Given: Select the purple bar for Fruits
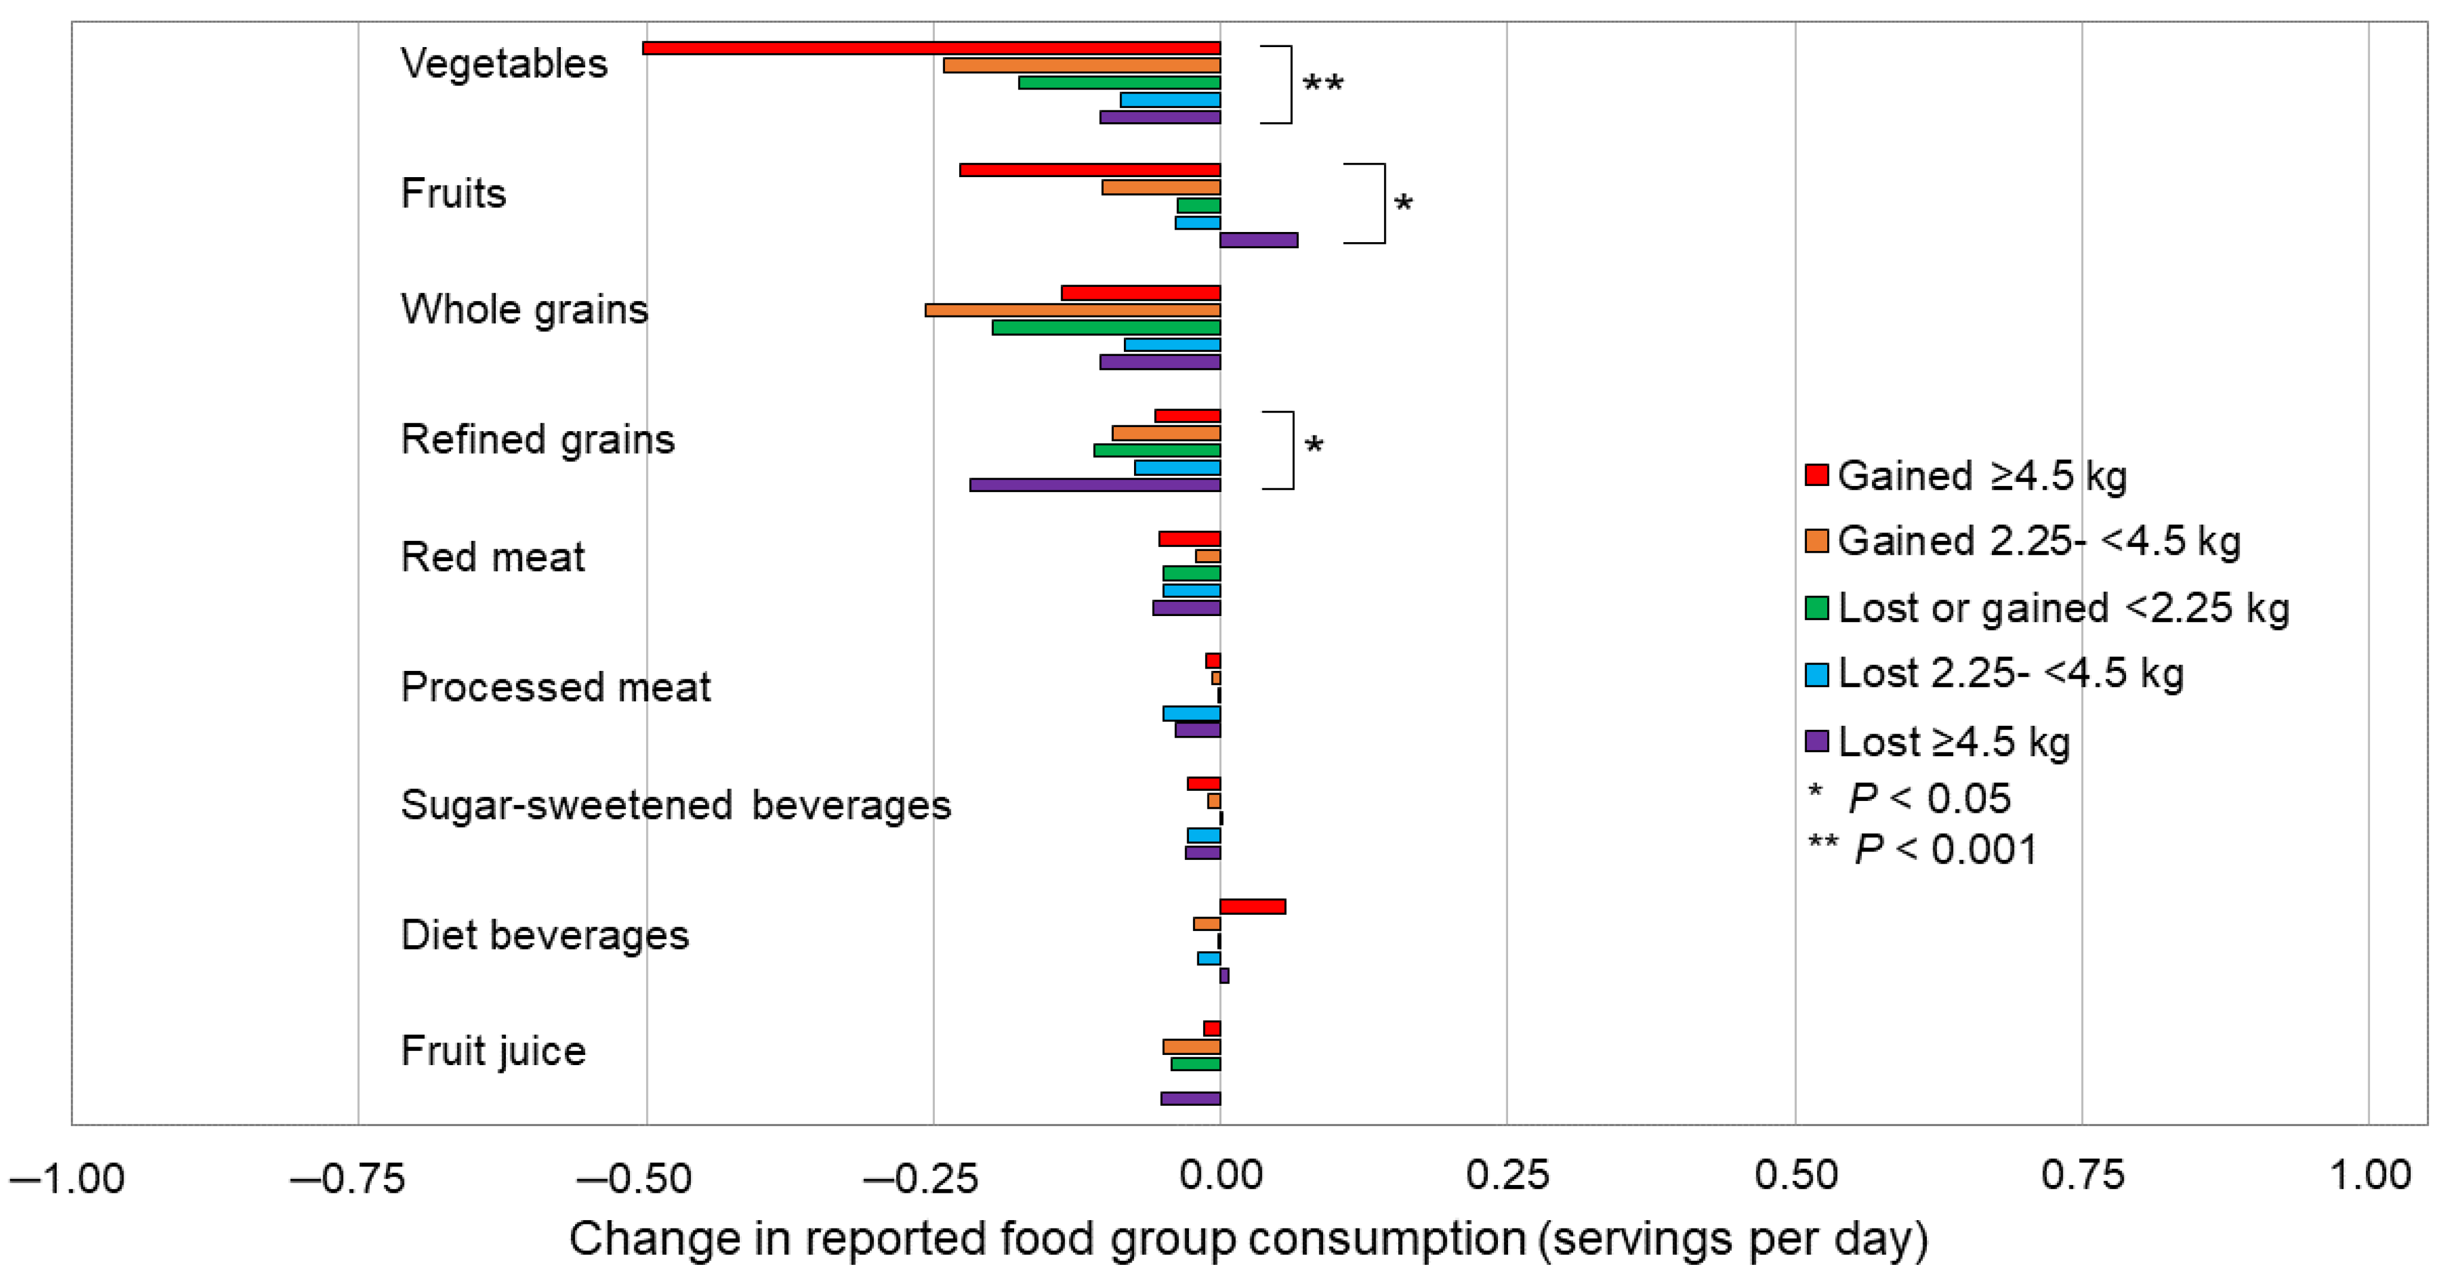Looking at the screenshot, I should pos(1258,240).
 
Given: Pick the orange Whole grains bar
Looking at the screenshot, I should pos(1072,310).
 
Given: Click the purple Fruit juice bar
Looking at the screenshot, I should pos(1190,1099).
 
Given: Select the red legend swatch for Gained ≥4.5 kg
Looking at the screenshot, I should pos(1816,475).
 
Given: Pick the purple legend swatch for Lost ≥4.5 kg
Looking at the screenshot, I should pos(1816,741).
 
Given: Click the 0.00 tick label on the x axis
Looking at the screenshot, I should pos(1221,1177).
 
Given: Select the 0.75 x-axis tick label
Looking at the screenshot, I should pos(2082,1177).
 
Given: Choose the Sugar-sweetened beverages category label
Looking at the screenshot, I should pos(675,806).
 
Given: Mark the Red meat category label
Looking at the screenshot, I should pos(493,557).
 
